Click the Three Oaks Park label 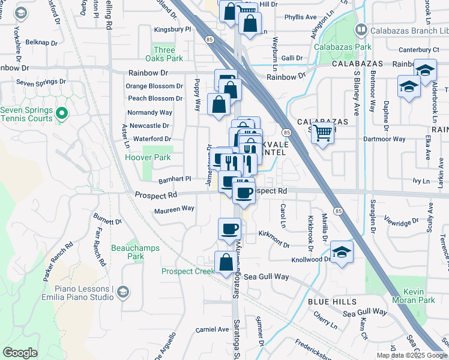pyautogui.click(x=163, y=54)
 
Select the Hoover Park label pyautogui.click(x=139, y=158)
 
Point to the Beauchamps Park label pyautogui.click(x=127, y=251)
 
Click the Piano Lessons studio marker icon pyautogui.click(x=122, y=292)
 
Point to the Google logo pyautogui.click(x=19, y=353)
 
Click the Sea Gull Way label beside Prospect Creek pyautogui.click(x=267, y=277)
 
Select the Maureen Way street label pyautogui.click(x=174, y=209)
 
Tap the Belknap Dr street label pyautogui.click(x=41, y=43)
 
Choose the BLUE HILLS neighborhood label pyautogui.click(x=333, y=301)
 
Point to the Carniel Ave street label pyautogui.click(x=212, y=329)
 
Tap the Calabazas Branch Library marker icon pyautogui.click(x=361, y=29)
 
